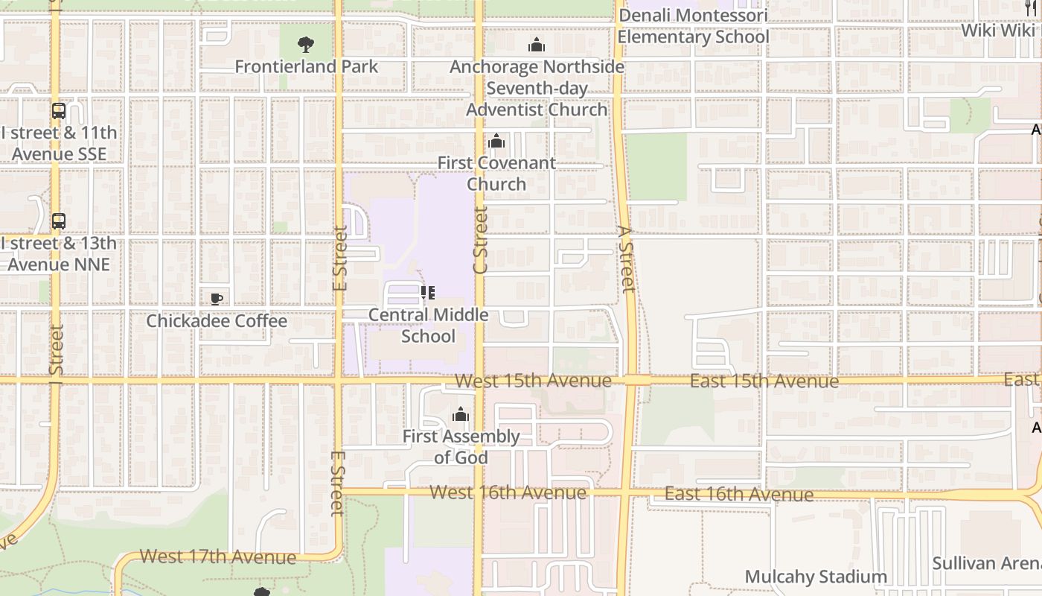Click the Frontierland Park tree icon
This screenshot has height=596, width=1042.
click(305, 45)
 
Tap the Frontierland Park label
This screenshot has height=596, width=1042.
click(307, 66)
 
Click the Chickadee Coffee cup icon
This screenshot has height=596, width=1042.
click(217, 299)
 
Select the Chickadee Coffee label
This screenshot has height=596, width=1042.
click(217, 321)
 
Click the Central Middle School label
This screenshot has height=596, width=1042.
click(429, 326)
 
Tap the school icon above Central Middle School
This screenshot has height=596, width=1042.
click(428, 293)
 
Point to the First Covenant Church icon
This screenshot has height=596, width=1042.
click(496, 142)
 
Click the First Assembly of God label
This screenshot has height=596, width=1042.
click(461, 447)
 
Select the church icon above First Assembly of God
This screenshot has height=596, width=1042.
click(461, 414)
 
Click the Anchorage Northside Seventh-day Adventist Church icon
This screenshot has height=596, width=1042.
click(537, 45)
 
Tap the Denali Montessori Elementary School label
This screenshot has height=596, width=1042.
click(693, 26)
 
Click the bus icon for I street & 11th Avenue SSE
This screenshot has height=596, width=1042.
click(59, 111)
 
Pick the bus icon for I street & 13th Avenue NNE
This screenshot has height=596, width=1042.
click(59, 221)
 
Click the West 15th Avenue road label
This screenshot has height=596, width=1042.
click(533, 381)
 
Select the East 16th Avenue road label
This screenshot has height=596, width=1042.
click(738, 495)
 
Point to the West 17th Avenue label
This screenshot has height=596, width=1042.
click(217, 557)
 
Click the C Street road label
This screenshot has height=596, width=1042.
click(480, 240)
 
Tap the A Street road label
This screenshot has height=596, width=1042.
click(626, 259)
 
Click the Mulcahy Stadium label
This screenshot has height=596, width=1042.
click(816, 577)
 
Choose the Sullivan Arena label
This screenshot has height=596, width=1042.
click(986, 563)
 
